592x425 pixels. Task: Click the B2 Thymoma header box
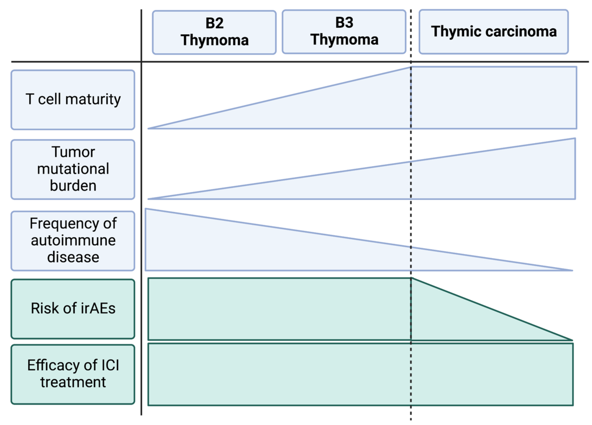tap(214, 32)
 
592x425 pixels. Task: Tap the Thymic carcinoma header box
tap(494, 32)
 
